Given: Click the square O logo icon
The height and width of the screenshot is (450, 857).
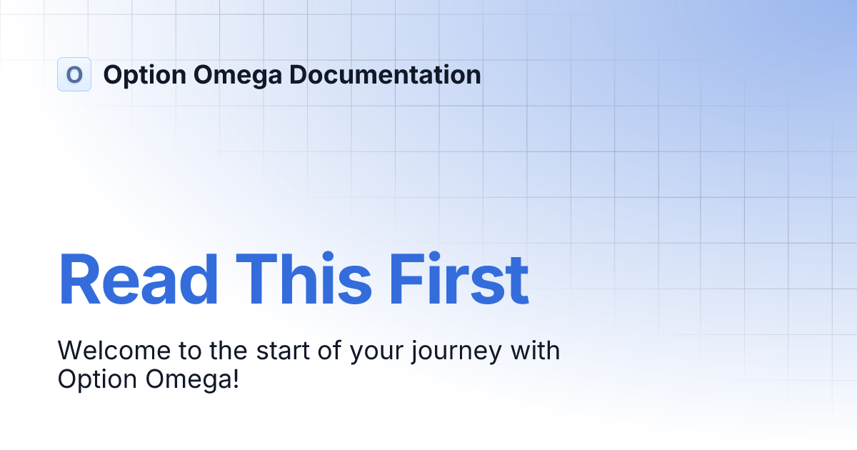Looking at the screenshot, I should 74,74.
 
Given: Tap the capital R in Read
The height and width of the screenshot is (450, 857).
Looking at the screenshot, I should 79,279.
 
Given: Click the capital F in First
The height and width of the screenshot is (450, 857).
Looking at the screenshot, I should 405,279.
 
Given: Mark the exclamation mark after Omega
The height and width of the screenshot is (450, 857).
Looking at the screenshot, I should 235,379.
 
